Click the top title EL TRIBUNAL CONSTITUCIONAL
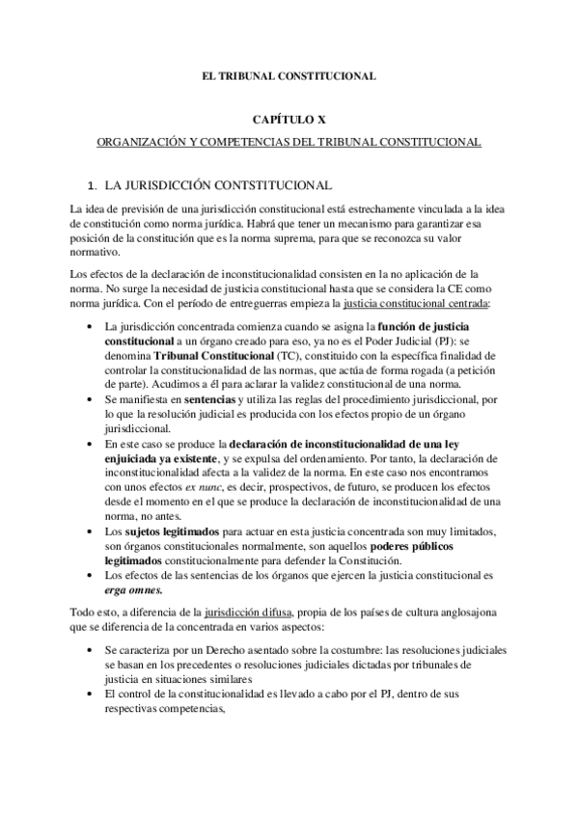click(289, 74)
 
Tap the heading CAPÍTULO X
click(289, 120)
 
